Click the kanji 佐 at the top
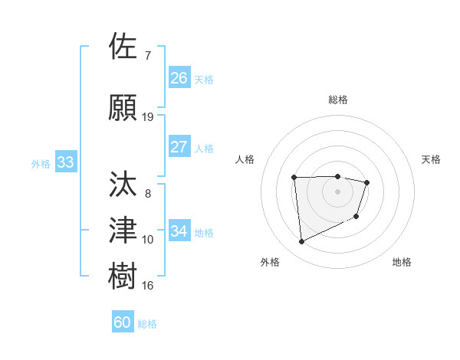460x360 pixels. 124,47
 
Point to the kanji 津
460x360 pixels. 124,230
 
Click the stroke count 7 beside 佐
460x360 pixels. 148,56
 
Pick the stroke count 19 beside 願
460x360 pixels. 148,117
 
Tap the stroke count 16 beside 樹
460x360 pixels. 148,286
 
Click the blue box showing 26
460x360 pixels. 179,78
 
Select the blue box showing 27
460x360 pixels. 179,147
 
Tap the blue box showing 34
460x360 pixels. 179,231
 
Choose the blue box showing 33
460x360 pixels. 65,162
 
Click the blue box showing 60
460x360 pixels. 123,322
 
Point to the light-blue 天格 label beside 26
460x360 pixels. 204,80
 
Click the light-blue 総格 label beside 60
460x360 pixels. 147,324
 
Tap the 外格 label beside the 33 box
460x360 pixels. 41,164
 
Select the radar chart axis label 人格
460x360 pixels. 245,159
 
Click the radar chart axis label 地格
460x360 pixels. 402,262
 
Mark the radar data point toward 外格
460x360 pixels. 301,242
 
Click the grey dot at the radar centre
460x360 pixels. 337,191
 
